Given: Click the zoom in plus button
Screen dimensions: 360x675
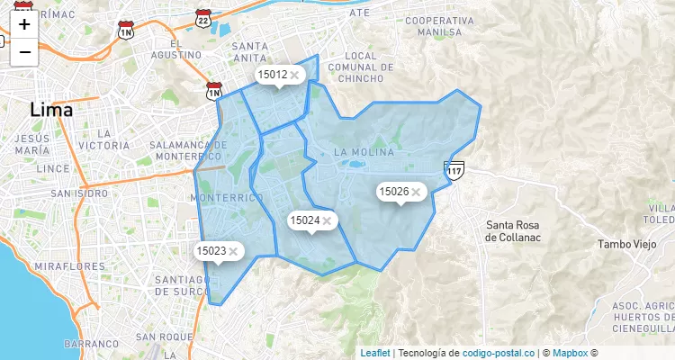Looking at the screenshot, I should [24, 24].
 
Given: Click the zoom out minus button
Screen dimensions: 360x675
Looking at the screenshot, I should [24, 52].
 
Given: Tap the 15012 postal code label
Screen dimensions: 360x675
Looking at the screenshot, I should [272, 75].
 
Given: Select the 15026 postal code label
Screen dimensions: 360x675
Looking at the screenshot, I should [393, 192].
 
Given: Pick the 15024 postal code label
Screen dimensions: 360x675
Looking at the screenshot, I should [304, 220].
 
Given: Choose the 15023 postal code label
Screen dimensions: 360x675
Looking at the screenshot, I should [211, 251].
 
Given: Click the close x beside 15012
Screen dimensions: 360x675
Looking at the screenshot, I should [294, 76].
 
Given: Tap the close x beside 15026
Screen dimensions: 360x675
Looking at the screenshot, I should [416, 193].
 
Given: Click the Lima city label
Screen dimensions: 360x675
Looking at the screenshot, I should [51, 110].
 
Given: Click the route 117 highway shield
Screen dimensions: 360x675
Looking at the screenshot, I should [454, 168].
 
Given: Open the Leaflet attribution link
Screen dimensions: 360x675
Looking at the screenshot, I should [375, 353].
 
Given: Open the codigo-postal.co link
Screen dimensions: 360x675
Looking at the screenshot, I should [505, 353].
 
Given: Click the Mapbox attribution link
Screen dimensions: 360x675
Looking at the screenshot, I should [570, 353].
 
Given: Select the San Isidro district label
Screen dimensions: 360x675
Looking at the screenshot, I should [79, 193].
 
